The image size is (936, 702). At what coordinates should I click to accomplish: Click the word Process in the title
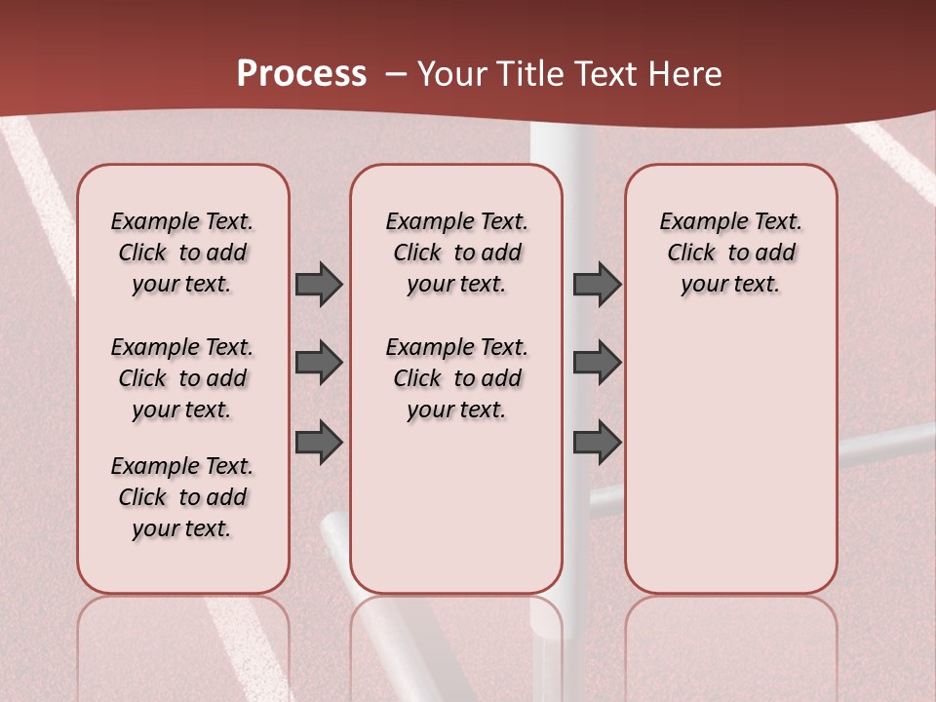pyautogui.click(x=301, y=74)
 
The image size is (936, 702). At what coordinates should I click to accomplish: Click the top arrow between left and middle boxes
pyautogui.click(x=319, y=284)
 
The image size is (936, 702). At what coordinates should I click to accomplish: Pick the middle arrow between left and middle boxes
pyautogui.click(x=319, y=363)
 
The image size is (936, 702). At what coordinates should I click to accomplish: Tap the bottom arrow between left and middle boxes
pyautogui.click(x=319, y=442)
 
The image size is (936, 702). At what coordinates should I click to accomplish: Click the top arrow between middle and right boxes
pyautogui.click(x=597, y=284)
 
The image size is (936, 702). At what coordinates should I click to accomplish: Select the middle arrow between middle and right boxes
pyautogui.click(x=597, y=363)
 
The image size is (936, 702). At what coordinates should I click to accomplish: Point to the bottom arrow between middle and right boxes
pyautogui.click(x=597, y=442)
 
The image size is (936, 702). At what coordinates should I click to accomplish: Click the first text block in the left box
pyautogui.click(x=182, y=253)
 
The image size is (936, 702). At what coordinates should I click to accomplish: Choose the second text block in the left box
pyautogui.click(x=182, y=378)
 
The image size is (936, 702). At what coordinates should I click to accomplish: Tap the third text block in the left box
pyautogui.click(x=182, y=497)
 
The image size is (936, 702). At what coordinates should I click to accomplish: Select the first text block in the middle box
pyautogui.click(x=456, y=253)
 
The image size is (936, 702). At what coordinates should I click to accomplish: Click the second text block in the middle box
pyautogui.click(x=456, y=378)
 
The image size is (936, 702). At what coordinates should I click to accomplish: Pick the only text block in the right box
pyautogui.click(x=730, y=253)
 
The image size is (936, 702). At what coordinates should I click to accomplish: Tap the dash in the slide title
pyautogui.click(x=396, y=74)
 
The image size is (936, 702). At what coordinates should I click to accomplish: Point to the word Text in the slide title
pyautogui.click(x=604, y=74)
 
